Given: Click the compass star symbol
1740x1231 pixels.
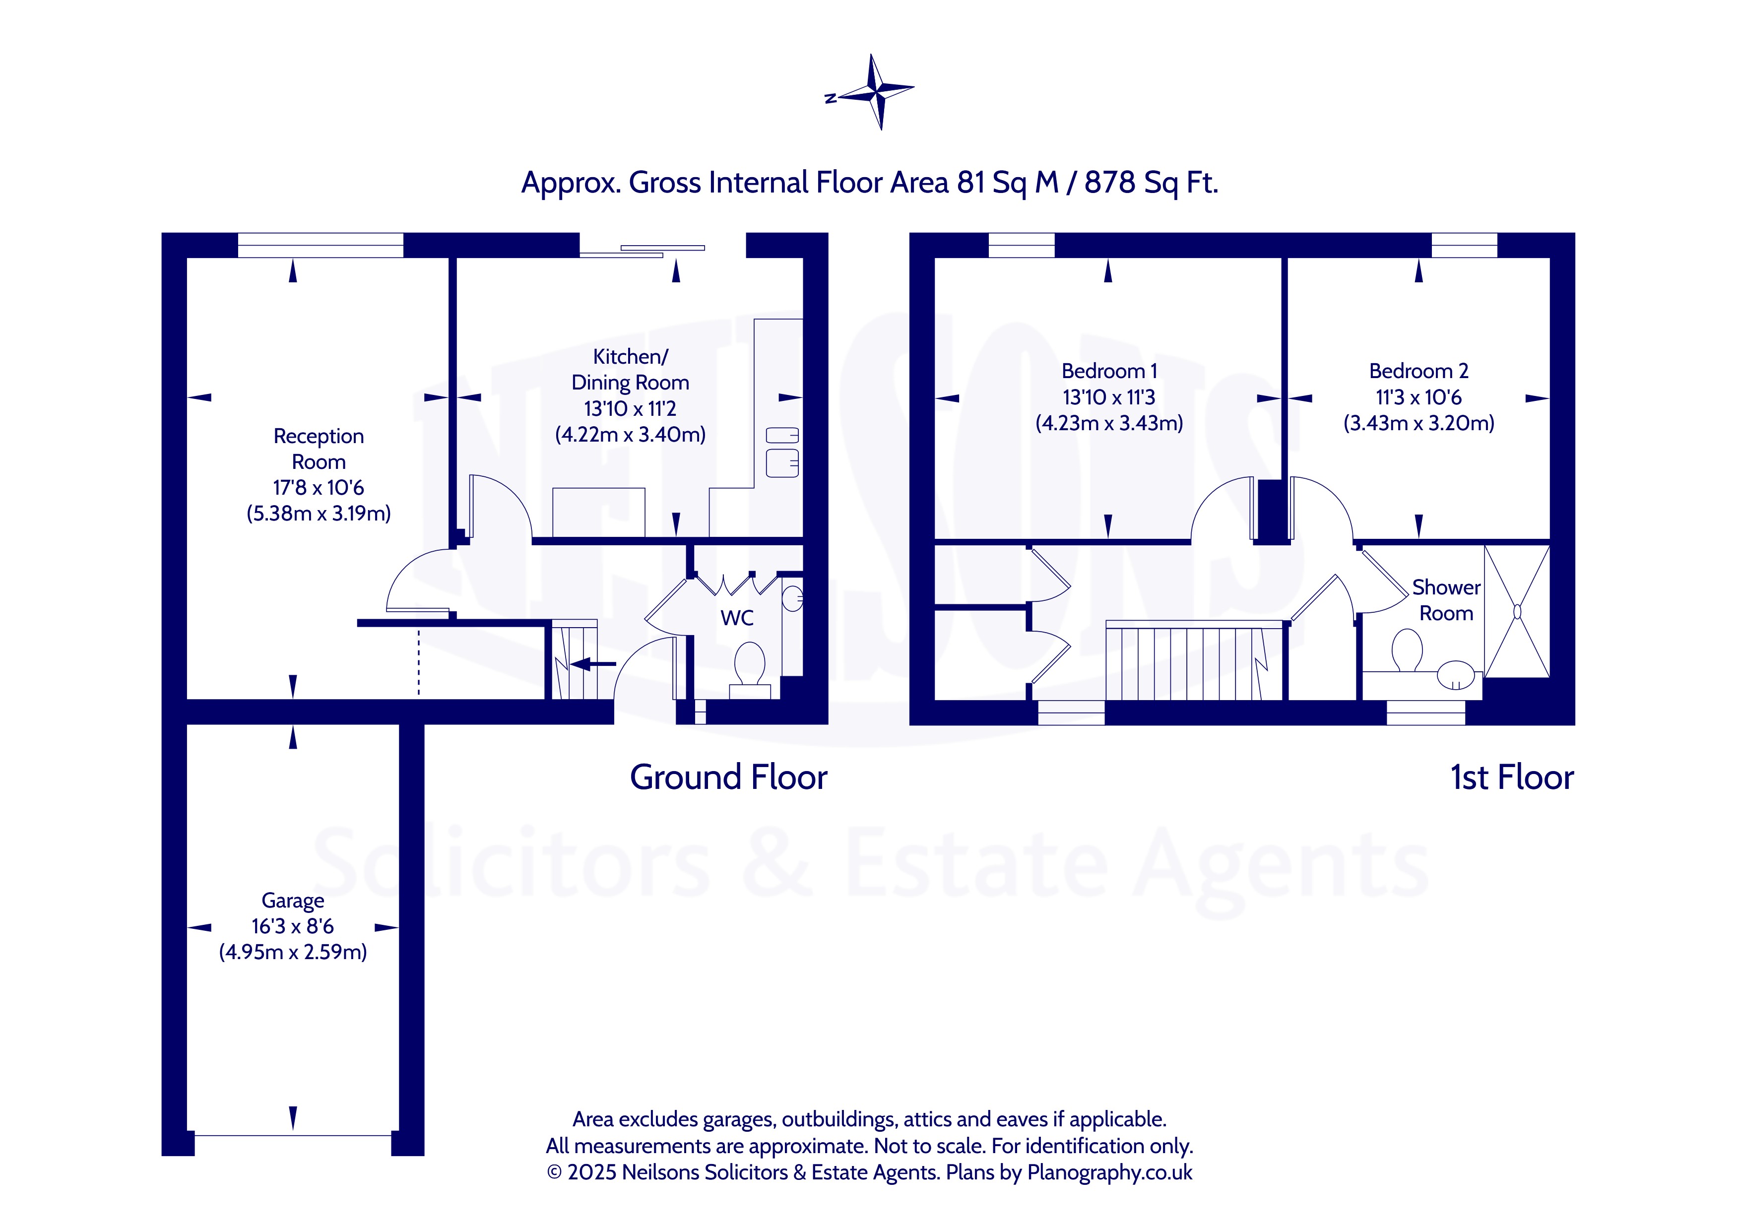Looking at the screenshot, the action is [876, 92].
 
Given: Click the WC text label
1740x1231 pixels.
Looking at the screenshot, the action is [737, 618].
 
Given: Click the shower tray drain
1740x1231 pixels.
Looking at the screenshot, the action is [1517, 611].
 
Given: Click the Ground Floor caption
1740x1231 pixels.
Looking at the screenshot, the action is [728, 777].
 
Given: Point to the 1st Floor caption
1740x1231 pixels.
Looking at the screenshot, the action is [1512, 777].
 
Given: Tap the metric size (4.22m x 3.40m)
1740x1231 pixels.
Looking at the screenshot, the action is [631, 434].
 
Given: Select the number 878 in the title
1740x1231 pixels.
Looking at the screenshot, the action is [1109, 182].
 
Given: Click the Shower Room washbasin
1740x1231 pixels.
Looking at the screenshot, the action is [1456, 674].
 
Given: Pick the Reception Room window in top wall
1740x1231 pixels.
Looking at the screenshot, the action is [321, 245].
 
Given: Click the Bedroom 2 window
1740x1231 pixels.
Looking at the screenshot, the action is [1464, 245].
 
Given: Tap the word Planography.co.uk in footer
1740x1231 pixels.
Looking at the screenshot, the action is [1109, 1172].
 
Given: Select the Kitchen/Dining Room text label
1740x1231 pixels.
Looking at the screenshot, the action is [631, 369].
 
